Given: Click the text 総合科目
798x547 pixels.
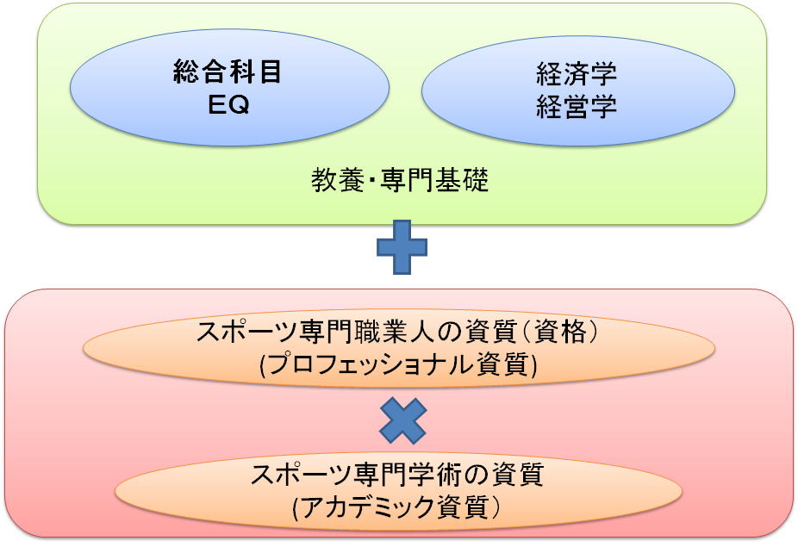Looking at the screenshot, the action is point(227,71).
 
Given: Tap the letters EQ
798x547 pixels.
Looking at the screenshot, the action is point(229,105).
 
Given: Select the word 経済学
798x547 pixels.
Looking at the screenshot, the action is point(577,74).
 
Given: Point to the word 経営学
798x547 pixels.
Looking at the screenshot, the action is point(577,107).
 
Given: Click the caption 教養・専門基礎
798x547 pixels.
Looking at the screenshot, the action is point(400,180).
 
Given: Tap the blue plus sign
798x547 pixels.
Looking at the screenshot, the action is point(402,247).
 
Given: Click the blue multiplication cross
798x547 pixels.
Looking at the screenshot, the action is point(403,421).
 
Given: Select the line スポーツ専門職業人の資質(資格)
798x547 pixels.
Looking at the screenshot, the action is point(396,333).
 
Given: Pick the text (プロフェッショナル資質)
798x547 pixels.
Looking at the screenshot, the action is point(398,365).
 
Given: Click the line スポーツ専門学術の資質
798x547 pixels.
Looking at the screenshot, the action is point(397,475).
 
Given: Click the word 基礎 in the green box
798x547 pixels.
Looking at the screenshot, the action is point(462,180).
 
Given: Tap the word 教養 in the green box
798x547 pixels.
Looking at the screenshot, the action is point(338,180).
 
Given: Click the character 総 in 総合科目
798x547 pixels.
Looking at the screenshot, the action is point(186,71).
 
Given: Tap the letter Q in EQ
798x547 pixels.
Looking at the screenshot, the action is point(240,105).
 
